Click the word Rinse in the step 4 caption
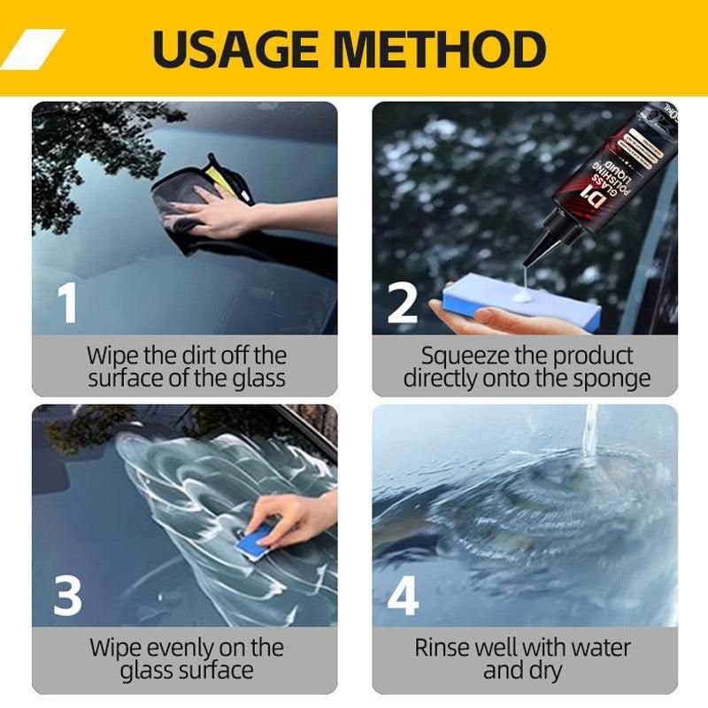pos(443,648)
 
